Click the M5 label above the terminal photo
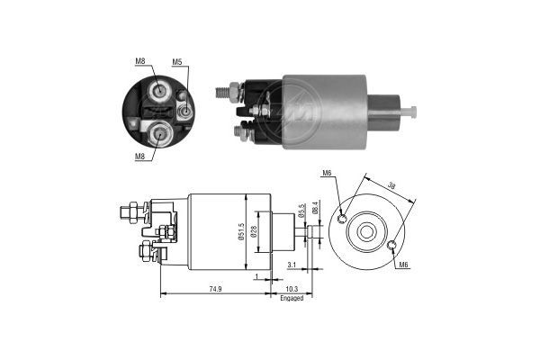(177, 62)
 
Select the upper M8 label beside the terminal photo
(140, 62)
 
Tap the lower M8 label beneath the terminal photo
(140, 157)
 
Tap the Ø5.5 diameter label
(304, 210)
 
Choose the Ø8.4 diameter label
(314, 210)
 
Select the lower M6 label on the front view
(404, 265)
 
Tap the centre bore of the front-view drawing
(366, 231)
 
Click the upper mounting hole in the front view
(343, 217)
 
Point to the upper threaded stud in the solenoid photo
(225, 90)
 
